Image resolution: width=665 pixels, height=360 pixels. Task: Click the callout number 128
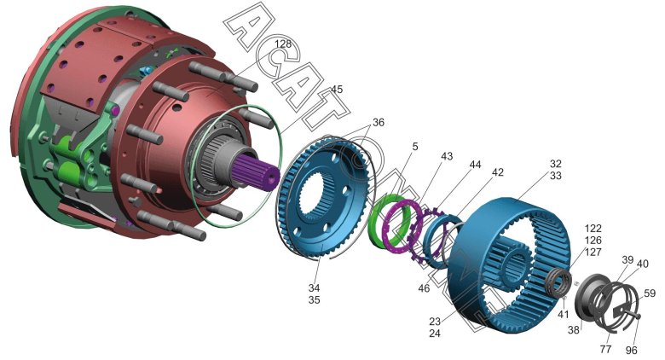point(283,44)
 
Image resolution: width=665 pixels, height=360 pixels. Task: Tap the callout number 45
point(337,90)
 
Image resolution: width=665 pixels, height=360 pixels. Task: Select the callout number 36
point(379,123)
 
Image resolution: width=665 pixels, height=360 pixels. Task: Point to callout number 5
point(415,147)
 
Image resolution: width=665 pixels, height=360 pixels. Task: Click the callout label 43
point(447,156)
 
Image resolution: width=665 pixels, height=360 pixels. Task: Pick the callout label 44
point(475,165)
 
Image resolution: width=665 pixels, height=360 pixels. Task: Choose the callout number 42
point(498,172)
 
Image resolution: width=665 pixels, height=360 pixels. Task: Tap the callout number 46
point(424,288)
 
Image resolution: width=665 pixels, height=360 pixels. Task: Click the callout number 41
point(563,315)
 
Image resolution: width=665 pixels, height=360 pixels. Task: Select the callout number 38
point(574,330)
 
